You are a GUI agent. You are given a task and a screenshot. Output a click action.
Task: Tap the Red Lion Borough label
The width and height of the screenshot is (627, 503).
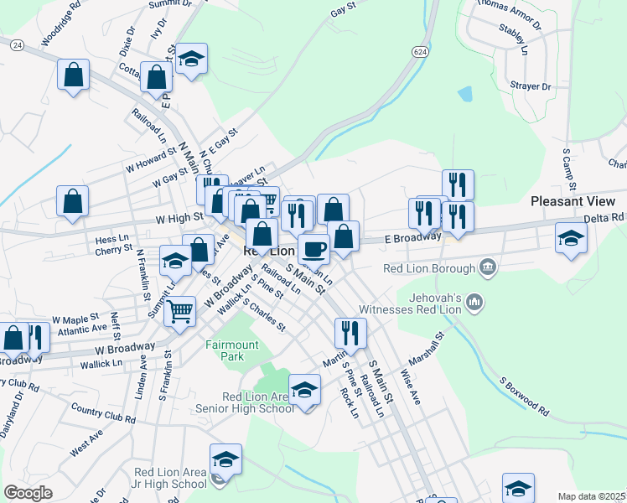point(427,269)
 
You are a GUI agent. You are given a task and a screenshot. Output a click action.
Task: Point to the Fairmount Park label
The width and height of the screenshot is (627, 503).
point(225,350)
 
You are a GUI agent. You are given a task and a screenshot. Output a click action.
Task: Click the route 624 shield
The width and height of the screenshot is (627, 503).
point(419,52)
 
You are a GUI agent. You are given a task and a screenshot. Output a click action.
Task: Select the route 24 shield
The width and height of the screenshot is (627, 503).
point(17,46)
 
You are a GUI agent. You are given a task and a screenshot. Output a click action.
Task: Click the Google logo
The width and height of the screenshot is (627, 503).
point(27,493)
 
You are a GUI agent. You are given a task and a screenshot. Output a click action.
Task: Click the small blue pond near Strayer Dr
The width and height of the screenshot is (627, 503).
point(465,94)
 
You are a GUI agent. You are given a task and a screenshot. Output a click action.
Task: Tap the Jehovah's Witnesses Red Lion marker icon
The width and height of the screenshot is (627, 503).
point(474,300)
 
